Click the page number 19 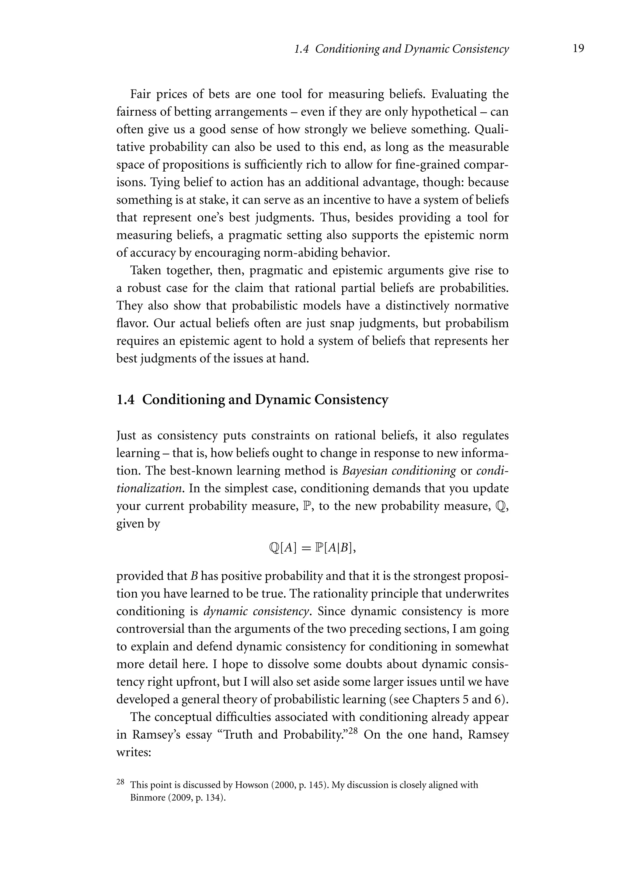click(578, 49)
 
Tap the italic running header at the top click(401, 49)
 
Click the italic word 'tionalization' click(149, 489)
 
